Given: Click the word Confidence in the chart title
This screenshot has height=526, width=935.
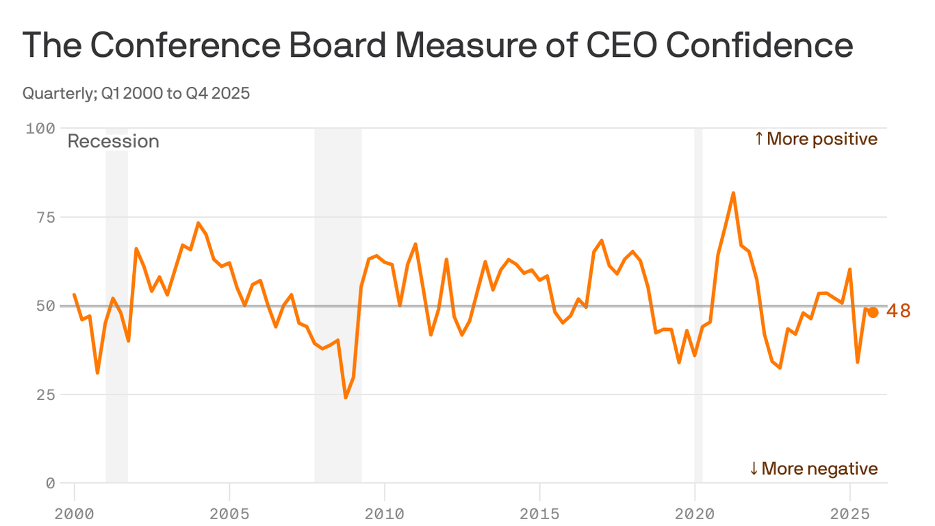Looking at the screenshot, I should pos(759,45).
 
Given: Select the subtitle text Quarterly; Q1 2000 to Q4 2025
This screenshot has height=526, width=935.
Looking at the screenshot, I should pos(136,93).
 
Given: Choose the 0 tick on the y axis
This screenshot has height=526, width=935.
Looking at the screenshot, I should pos(50,484).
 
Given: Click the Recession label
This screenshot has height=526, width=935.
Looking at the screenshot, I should pos(113,142).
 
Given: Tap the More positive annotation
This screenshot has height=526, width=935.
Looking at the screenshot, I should pos(815,139).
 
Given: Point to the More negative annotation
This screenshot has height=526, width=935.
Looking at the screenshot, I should pos(813,468).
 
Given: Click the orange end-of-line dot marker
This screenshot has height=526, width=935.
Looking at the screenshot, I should pos(873,312).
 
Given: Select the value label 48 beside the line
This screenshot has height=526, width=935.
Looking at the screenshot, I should pos(898,312).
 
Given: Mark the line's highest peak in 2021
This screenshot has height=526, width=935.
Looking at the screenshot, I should pos(733,193).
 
